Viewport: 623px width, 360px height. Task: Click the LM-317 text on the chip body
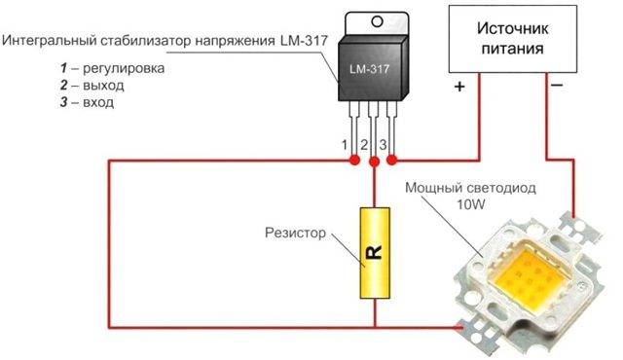(371, 71)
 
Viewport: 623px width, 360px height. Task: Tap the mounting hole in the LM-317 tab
(372, 26)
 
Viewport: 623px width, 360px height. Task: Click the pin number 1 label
(345, 145)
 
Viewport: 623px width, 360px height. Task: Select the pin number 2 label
(364, 145)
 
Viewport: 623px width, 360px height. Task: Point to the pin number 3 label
(383, 145)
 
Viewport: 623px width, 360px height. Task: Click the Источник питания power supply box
(509, 38)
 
